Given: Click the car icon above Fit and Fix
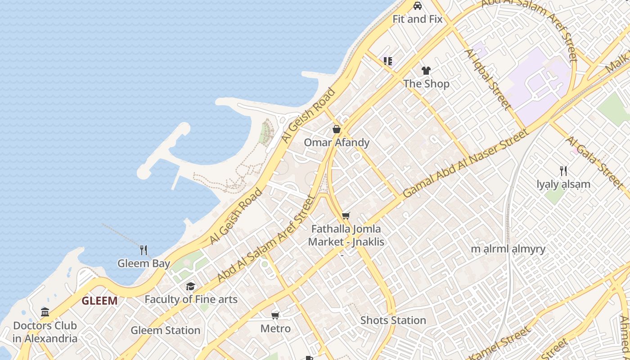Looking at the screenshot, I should coord(418,6).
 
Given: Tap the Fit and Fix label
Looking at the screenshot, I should coord(418,19).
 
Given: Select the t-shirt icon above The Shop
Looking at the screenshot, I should coord(426,70).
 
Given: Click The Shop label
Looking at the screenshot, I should coord(426,84).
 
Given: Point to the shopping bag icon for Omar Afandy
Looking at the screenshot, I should coord(337,130).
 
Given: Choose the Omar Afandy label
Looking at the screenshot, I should coord(337,143).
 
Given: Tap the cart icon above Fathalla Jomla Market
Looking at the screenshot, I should coord(346,216).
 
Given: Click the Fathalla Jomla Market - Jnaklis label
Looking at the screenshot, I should coord(346,235).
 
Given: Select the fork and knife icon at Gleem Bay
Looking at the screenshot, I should coord(144,250).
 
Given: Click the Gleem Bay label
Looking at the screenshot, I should coord(144,264).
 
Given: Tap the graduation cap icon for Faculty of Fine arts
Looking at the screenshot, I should coord(191,286).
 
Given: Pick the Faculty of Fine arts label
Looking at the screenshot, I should coord(191,299).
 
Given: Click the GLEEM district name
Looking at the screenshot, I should coord(99,301).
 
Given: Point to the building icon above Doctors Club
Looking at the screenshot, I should coord(45,312).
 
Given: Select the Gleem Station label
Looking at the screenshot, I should coord(165,330).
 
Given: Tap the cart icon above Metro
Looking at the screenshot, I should coord(275,315).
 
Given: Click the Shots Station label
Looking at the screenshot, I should coord(393,320).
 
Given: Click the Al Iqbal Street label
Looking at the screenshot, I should coord(488,80).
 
